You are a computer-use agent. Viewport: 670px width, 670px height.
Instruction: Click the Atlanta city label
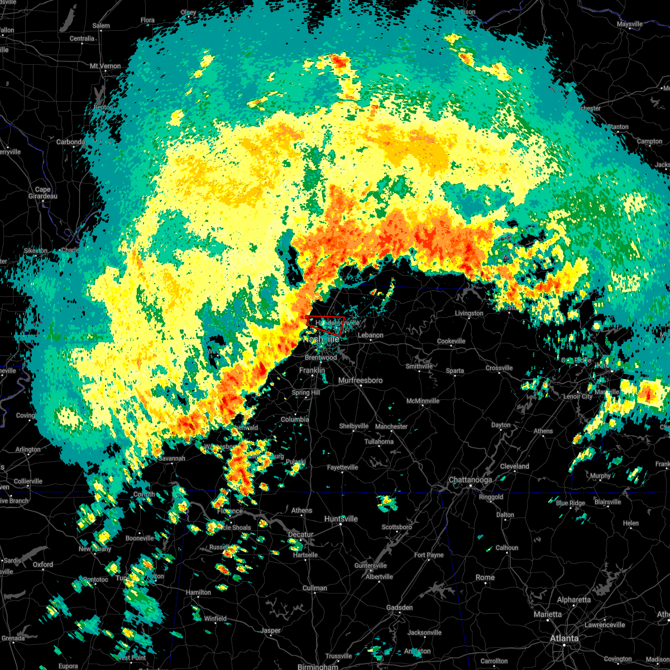tap(564, 638)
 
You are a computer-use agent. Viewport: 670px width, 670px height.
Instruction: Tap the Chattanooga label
tap(471, 480)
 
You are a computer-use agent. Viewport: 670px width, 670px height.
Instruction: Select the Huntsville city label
tap(341, 519)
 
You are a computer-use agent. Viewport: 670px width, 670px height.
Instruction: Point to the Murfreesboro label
tap(361, 380)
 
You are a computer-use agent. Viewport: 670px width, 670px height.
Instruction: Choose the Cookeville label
tap(451, 341)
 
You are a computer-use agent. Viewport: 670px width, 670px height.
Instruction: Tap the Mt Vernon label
tap(106, 66)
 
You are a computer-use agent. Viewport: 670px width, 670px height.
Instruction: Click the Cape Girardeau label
tap(43, 193)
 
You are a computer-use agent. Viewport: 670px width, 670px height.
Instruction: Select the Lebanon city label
tap(371, 335)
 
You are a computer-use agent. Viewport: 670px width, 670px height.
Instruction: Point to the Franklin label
tap(312, 370)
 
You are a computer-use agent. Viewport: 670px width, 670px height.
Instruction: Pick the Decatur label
tap(301, 534)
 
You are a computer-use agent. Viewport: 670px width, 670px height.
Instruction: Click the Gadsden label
tap(399, 607)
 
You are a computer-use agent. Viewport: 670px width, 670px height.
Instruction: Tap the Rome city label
tap(485, 577)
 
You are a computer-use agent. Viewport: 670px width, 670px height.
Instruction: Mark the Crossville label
tap(499, 368)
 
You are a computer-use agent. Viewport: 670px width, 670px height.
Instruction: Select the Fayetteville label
tap(343, 467)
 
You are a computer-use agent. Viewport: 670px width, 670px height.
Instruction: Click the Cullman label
tap(315, 588)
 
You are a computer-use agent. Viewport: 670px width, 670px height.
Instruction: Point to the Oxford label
tap(43, 564)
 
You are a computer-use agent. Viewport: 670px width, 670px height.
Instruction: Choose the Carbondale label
tap(71, 142)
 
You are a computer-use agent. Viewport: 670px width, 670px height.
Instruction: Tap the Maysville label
tap(630, 24)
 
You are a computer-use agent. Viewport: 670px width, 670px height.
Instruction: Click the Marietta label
tap(548, 614)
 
